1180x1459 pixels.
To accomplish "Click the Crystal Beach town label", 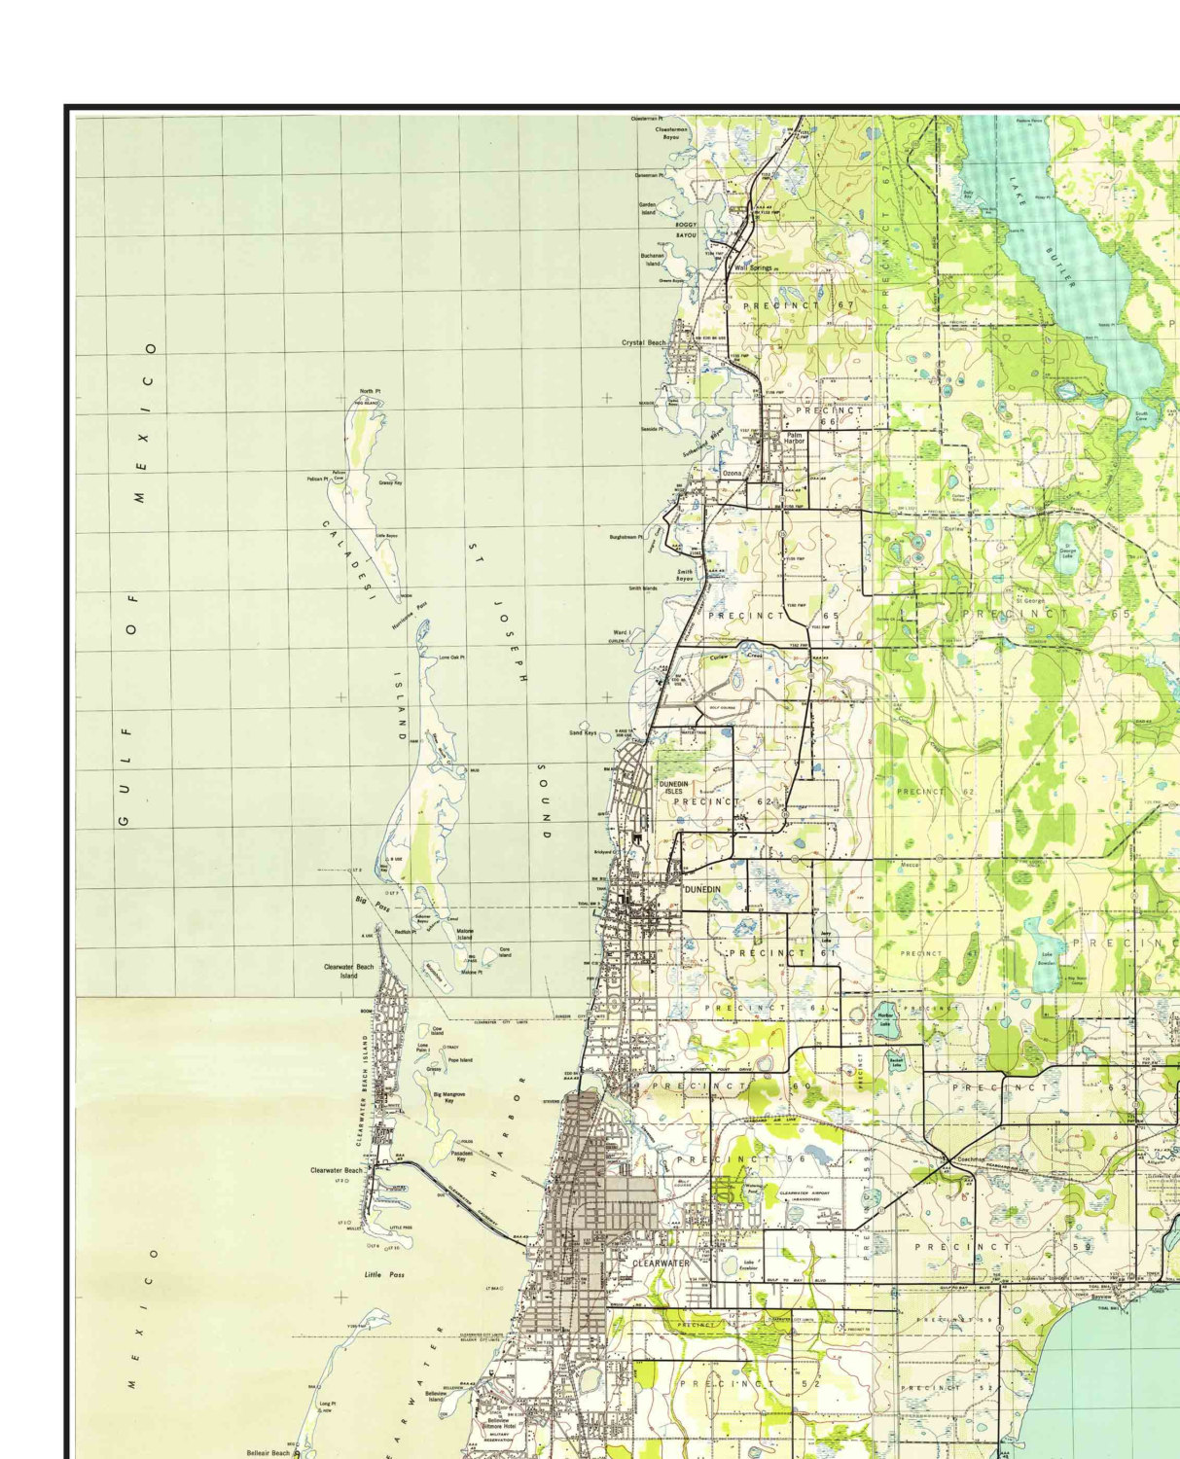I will [x=644, y=342].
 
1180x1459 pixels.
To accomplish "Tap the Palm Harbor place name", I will [x=795, y=438].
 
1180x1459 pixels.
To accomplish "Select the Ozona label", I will [x=732, y=473].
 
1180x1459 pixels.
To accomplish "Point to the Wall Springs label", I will [x=752, y=267].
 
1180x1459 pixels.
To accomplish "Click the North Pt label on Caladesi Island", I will [x=370, y=391].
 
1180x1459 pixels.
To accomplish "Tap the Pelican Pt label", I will [x=317, y=479].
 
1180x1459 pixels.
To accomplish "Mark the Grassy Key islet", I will [x=390, y=482].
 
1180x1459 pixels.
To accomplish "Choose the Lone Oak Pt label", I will [x=451, y=658].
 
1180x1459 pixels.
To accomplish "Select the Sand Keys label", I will [x=583, y=732].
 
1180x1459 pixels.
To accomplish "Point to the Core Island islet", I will [x=504, y=952].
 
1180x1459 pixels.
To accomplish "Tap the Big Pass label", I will [x=371, y=906].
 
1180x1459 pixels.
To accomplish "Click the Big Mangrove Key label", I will [x=449, y=1096].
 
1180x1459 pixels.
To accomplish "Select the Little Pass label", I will [x=384, y=1274].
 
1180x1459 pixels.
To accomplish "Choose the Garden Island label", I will [x=648, y=208].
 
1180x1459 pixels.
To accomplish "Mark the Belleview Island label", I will [x=436, y=1396].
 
